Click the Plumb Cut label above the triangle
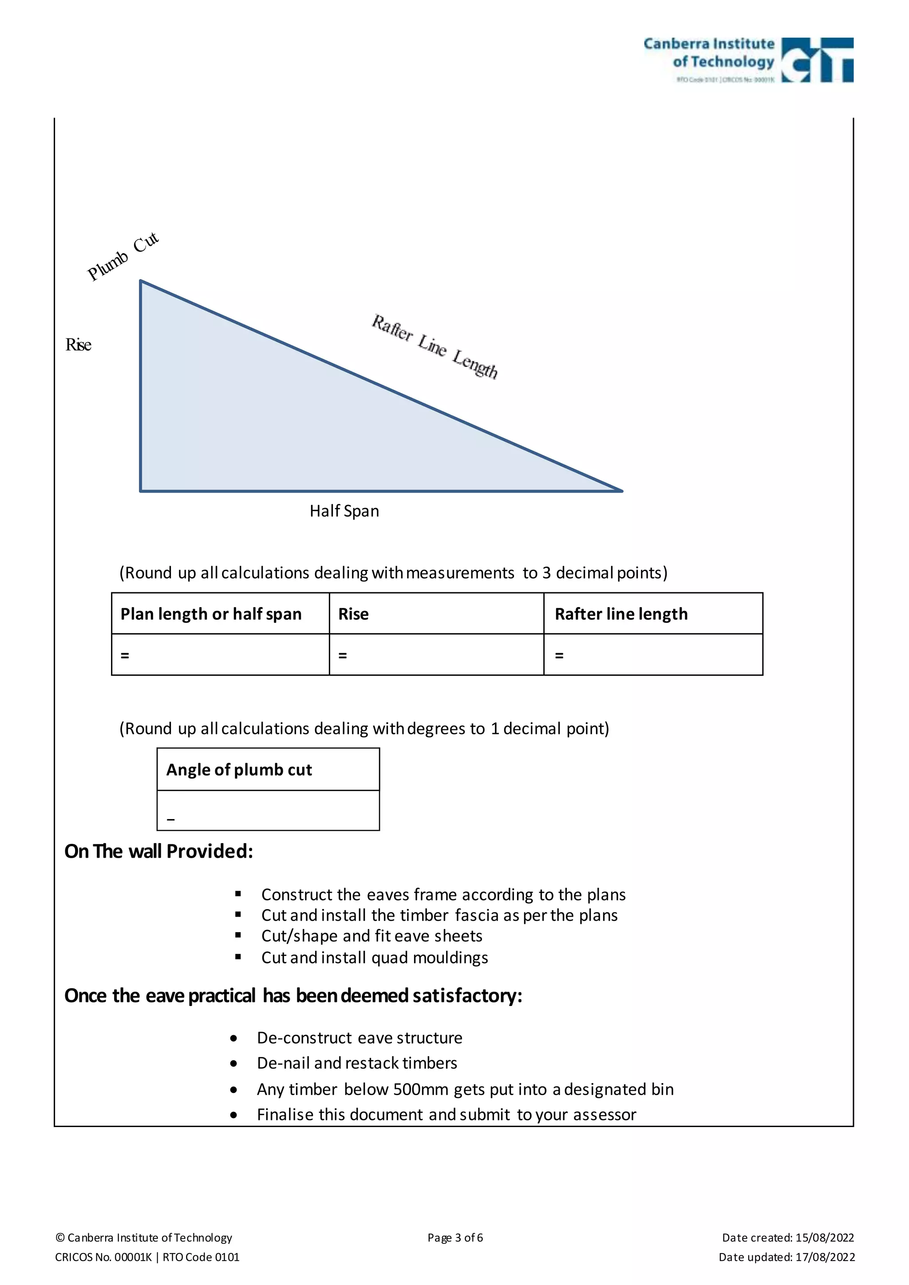(x=123, y=257)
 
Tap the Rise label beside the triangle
(x=79, y=345)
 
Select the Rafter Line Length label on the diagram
(x=435, y=347)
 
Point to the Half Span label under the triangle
(x=344, y=511)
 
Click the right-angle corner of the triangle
(x=141, y=490)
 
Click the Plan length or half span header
(x=211, y=614)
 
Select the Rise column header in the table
(x=353, y=614)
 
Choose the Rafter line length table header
(x=621, y=614)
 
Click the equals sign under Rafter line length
(x=559, y=655)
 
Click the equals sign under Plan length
(x=125, y=655)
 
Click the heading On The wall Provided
(x=159, y=851)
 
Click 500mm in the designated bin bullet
(x=421, y=1089)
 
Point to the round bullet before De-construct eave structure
(x=233, y=1039)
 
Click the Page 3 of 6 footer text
(x=455, y=1238)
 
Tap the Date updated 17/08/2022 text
(x=786, y=1257)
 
